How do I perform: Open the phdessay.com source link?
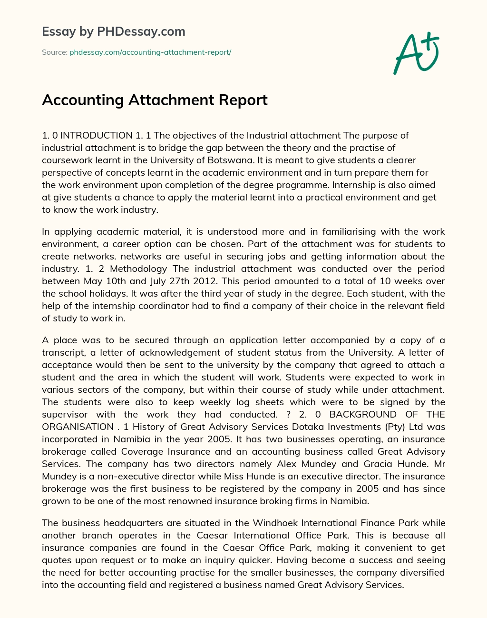(x=150, y=52)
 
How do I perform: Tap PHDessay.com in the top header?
(x=141, y=31)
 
